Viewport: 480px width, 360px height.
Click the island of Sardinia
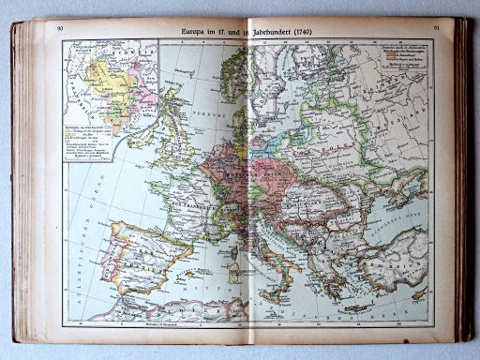(232, 272)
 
